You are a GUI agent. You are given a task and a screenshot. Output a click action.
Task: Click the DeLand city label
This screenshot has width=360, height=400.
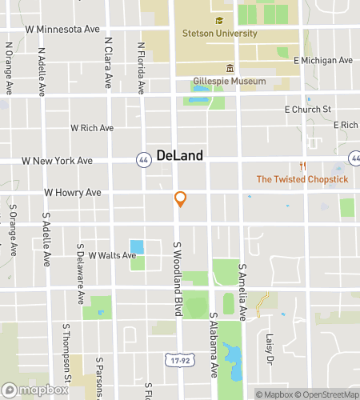180,155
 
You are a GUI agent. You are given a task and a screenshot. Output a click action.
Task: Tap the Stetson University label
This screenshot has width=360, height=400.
219,34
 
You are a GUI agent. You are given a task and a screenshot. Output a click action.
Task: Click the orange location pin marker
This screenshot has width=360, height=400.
181,199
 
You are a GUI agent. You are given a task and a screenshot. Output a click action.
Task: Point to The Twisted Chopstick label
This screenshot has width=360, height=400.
302,179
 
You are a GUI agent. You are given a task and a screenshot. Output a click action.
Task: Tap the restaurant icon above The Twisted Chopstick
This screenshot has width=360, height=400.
302,166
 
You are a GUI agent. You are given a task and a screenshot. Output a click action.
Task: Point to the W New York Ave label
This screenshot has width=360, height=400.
57,161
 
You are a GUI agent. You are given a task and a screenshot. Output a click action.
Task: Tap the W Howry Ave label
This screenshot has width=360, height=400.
72,193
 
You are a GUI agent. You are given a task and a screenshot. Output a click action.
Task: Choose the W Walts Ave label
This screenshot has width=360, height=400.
112,255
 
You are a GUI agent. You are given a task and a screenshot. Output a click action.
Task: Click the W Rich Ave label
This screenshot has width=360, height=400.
92,127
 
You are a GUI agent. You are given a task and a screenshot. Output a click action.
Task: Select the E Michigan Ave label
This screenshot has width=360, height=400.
323,61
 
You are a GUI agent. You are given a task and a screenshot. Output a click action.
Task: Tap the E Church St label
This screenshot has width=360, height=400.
308,109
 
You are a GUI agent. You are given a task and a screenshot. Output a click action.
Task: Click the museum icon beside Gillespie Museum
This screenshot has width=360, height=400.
230,67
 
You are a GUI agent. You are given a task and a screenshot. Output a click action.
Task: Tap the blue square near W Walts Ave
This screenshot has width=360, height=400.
138,247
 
